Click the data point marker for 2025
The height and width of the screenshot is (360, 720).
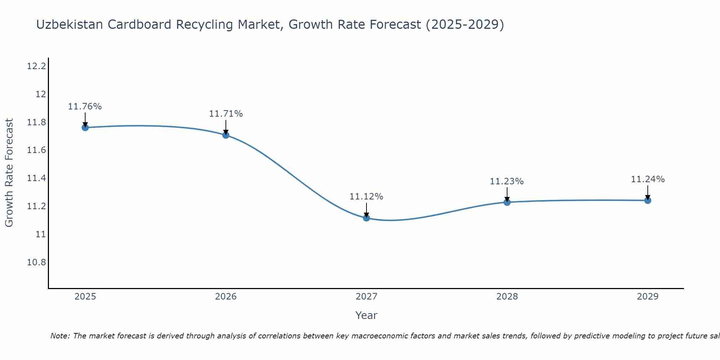click(85, 127)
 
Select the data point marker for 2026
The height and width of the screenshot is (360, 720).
click(226, 135)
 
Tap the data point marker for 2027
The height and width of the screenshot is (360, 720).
click(366, 218)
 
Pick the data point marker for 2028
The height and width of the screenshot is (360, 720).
click(507, 202)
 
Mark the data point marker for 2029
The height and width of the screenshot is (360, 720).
click(648, 201)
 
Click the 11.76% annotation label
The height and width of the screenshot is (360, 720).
click(85, 107)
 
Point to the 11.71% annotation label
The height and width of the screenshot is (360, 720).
click(226, 114)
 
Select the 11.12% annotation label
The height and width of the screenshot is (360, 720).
click(366, 197)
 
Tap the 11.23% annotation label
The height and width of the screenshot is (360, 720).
click(507, 181)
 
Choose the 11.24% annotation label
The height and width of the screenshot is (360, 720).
click(648, 179)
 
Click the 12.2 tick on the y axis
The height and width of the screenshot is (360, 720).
click(37, 66)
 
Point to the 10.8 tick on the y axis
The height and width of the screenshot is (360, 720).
click(37, 262)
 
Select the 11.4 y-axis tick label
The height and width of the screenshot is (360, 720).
click(37, 178)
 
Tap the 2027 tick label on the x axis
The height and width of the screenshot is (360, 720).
click(366, 297)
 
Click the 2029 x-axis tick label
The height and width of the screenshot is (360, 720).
click(648, 297)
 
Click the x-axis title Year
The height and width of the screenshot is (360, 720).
click(366, 315)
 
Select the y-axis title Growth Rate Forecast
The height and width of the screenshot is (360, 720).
click(9, 173)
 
